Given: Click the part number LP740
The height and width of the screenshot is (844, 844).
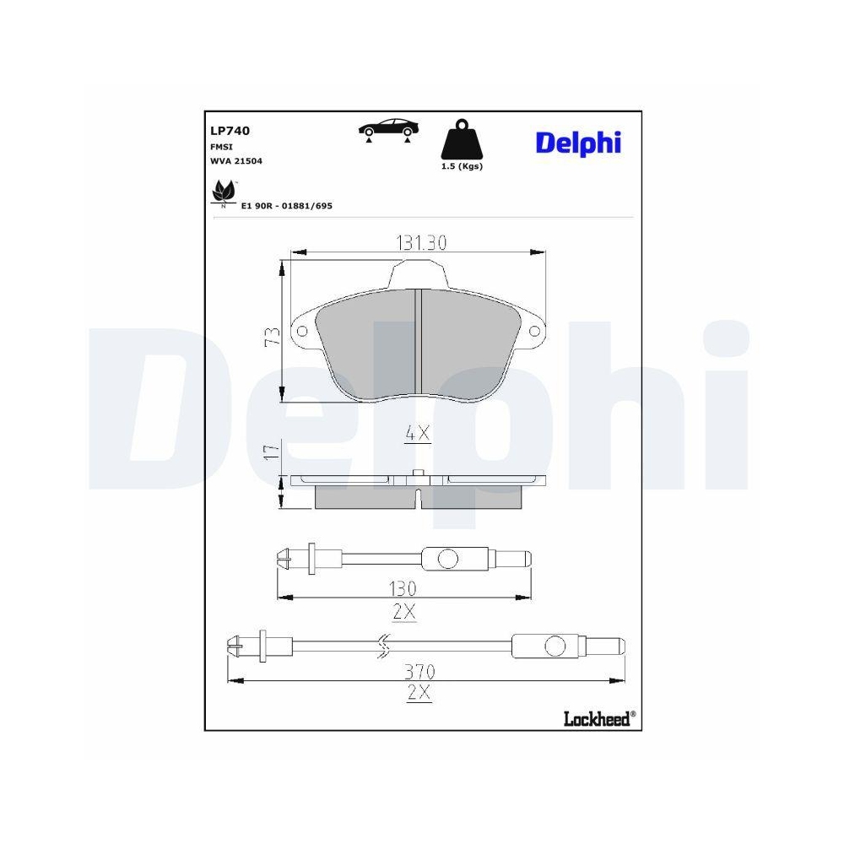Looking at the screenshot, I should (230, 131).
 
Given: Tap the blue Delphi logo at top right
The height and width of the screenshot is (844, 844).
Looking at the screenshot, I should (578, 142).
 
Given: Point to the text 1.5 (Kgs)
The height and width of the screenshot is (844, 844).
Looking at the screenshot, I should (462, 166).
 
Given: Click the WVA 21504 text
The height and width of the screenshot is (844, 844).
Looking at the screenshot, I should (236, 160).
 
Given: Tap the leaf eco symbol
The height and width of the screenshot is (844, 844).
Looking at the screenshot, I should (224, 192).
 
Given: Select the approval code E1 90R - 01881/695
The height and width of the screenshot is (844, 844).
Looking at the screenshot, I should (287, 205).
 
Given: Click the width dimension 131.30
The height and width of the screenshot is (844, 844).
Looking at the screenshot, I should (420, 243).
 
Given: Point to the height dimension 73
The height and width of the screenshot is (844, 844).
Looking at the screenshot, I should (271, 336).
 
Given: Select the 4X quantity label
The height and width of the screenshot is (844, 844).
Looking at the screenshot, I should (418, 434).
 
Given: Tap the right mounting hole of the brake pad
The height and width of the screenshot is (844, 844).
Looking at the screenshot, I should (536, 333).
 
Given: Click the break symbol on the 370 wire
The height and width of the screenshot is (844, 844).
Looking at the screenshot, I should (382, 646).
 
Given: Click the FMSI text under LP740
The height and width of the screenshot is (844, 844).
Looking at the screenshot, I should (221, 146).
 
